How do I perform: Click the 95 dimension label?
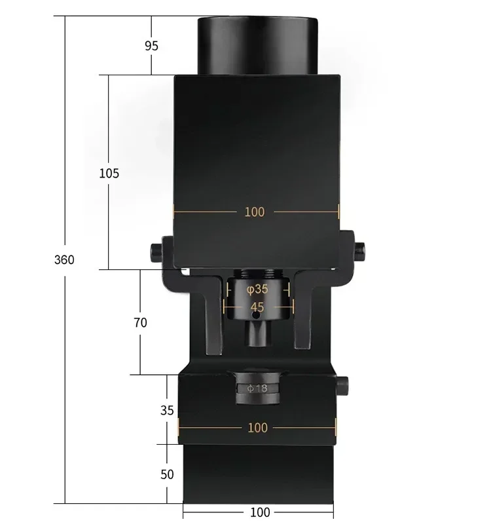[151, 46]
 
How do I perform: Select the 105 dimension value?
[109, 174]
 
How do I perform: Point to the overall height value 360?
[64, 259]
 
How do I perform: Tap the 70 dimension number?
[140, 322]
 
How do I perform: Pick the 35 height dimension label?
[168, 410]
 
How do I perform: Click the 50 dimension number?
[168, 474]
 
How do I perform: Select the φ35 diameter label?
[257, 288]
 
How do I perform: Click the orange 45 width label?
[257, 306]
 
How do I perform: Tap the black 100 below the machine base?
[260, 512]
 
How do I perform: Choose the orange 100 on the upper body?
[255, 212]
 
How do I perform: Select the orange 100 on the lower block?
[258, 427]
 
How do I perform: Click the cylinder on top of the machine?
[257, 45]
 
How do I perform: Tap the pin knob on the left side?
[156, 250]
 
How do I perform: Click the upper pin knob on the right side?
[359, 248]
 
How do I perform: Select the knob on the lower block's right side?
[342, 385]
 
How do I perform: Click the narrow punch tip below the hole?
[257, 335]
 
